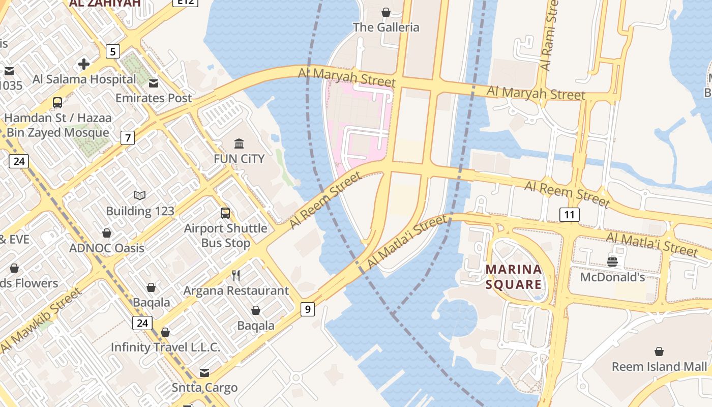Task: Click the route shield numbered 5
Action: coord(112,51)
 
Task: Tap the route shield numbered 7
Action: coord(127,137)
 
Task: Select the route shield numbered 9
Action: coord(307,309)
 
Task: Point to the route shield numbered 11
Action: coord(569,215)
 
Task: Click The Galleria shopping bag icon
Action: coord(386,12)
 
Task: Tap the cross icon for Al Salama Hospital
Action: coord(84,64)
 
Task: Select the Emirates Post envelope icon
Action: coord(153,83)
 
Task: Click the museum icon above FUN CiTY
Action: coord(239,143)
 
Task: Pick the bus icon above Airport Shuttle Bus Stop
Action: coord(225,213)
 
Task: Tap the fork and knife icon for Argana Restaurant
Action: coord(236,276)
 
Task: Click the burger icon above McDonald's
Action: coord(612,262)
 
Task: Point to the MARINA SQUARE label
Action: coord(513,276)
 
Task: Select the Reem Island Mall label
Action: coord(659,366)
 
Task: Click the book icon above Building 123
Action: coord(140,196)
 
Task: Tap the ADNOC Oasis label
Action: coord(107,248)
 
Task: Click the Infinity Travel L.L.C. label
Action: coord(165,347)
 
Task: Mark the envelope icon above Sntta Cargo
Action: coord(204,373)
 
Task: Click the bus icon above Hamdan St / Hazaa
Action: coord(57,103)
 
